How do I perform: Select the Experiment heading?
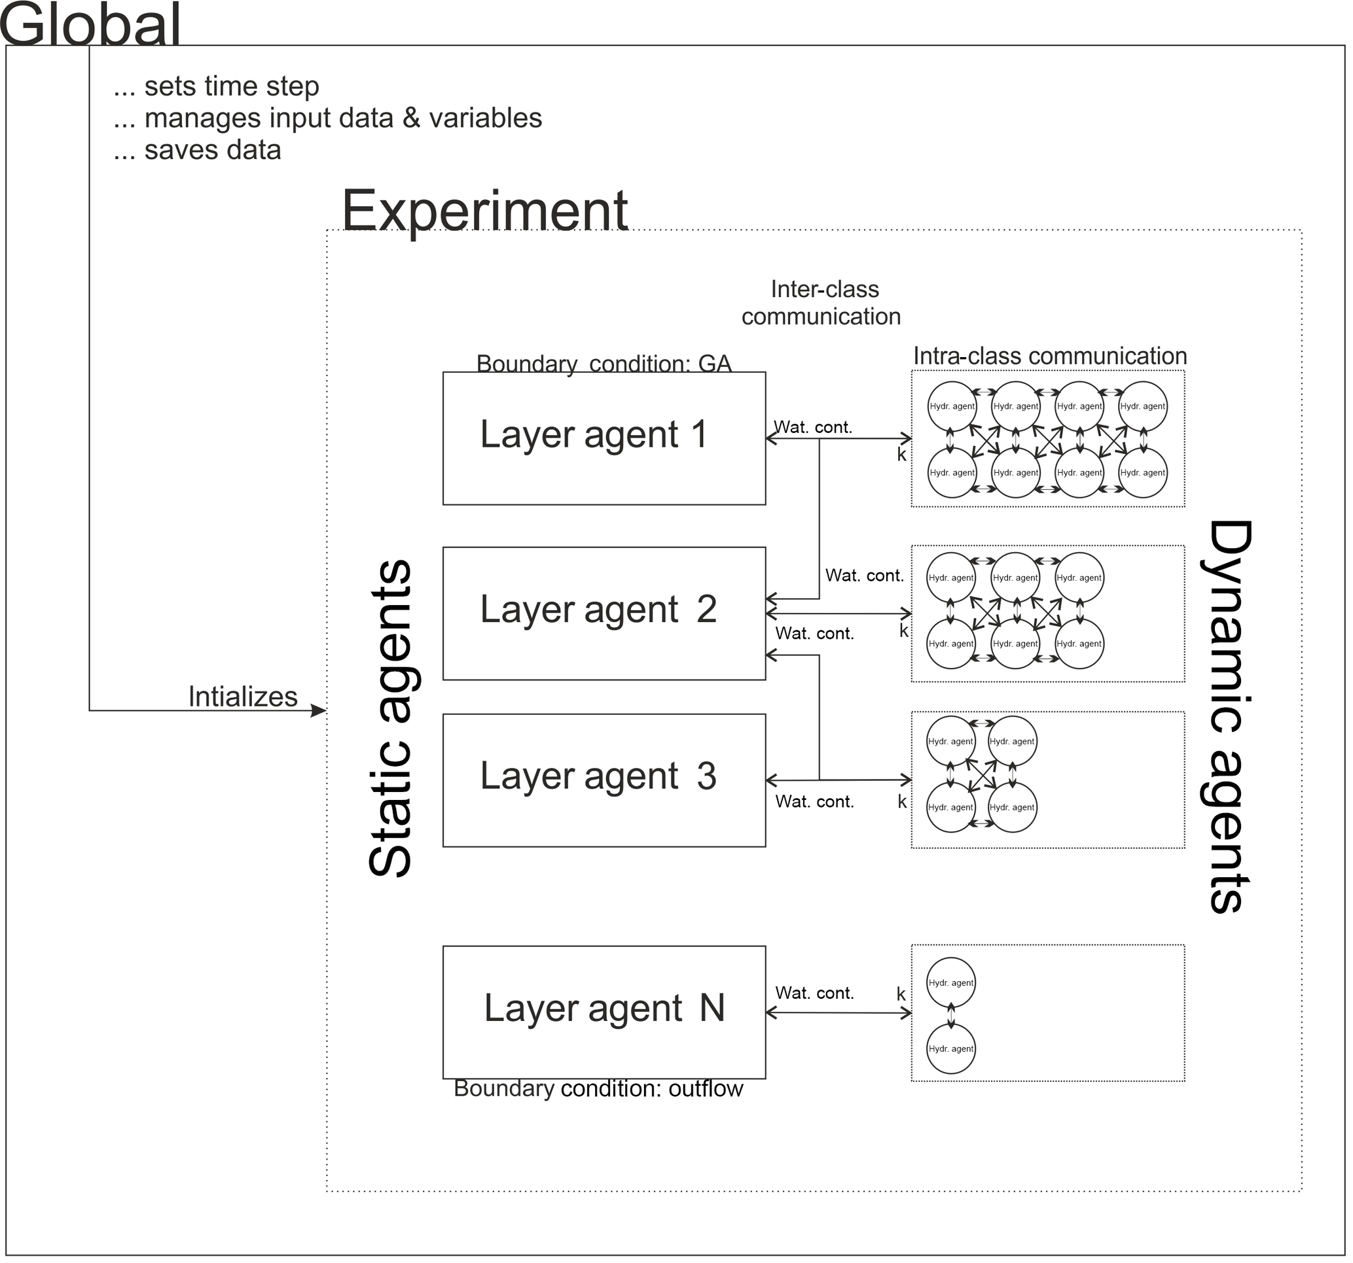(x=484, y=210)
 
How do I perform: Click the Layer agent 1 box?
(x=604, y=439)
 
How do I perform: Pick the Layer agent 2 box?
(x=604, y=614)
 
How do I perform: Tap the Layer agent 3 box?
(x=604, y=780)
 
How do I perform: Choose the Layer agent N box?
(x=604, y=1012)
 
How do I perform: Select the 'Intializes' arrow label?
(x=242, y=697)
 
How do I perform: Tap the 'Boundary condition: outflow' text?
(x=598, y=1089)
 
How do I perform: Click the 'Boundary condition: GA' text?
(x=604, y=363)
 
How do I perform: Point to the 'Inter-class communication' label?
(x=821, y=303)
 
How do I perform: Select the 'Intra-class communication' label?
(x=1049, y=356)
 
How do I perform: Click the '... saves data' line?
(x=198, y=150)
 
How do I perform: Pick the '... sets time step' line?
(x=217, y=86)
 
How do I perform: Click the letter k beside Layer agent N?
(x=901, y=994)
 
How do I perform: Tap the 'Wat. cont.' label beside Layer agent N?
(x=814, y=993)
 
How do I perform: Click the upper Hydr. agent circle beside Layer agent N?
(x=951, y=982)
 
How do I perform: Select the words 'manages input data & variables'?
(x=343, y=118)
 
